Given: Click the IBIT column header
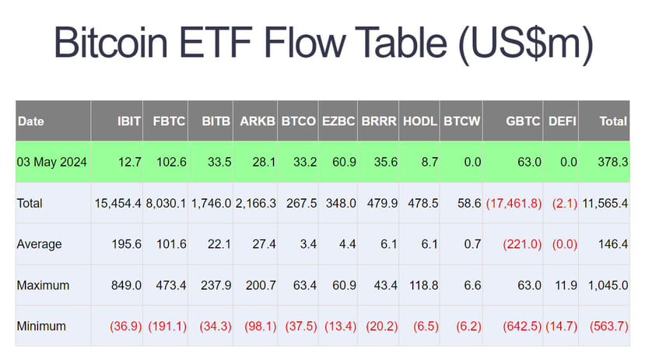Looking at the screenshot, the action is click(x=129, y=121).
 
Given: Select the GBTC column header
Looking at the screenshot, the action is click(x=523, y=121).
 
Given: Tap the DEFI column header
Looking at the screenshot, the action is click(x=563, y=121).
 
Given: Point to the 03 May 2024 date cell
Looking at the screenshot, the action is click(x=52, y=162).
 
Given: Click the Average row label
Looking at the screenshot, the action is click(x=39, y=244).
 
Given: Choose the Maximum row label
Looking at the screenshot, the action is click(x=43, y=285).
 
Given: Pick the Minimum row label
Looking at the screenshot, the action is click(x=41, y=327).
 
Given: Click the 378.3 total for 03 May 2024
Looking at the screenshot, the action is click(x=613, y=162).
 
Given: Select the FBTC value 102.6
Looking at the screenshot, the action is click(x=171, y=162).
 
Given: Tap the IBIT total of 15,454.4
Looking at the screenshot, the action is click(x=118, y=204).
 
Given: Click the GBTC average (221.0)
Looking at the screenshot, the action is click(x=522, y=244).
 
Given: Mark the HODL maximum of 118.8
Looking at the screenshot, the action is click(x=423, y=285).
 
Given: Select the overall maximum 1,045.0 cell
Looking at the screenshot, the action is click(x=608, y=285).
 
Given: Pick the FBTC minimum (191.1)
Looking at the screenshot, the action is click(x=167, y=327).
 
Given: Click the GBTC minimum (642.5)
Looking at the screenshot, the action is click(x=522, y=327).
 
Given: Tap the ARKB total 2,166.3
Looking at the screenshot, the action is click(x=256, y=204).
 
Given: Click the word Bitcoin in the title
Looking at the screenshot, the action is click(x=111, y=42).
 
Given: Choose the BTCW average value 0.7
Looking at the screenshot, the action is click(x=472, y=244).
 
